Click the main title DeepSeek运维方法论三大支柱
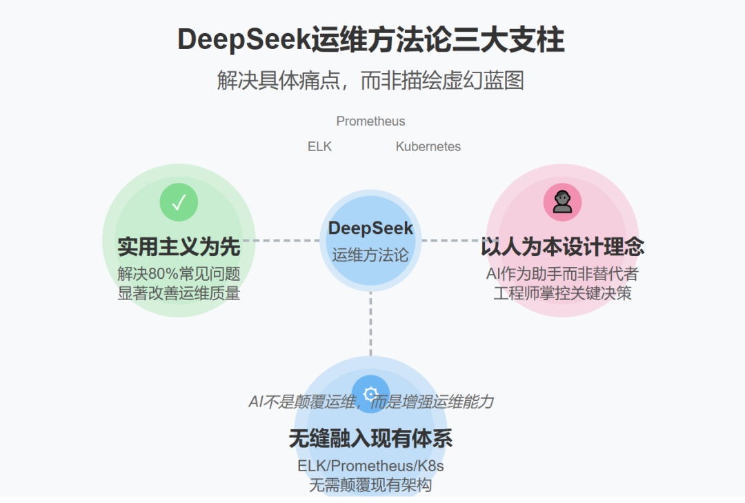[371, 40]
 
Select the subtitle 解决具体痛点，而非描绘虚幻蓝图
[371, 81]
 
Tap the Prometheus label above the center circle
[370, 121]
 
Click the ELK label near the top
[319, 147]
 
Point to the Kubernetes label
[428, 147]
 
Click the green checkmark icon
[179, 202]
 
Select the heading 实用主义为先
[179, 246]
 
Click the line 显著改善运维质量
[179, 293]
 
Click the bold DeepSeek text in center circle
[370, 228]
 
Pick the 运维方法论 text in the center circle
[370, 255]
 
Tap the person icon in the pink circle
[562, 202]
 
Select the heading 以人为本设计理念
[562, 246]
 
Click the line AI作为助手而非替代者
[562, 273]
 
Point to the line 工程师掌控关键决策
[562, 293]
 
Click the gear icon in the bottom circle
[370, 394]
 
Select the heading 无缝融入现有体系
[370, 439]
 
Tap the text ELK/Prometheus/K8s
[370, 466]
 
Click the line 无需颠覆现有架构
[370, 485]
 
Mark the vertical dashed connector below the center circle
[370, 324]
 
